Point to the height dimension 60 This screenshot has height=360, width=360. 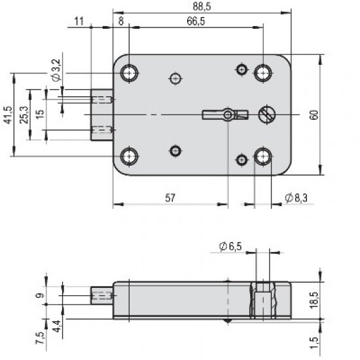coord(314,115)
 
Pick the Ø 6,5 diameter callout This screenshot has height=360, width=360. coord(230,245)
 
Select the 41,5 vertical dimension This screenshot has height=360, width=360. coord(8,116)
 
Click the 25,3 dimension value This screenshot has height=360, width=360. coord(24,115)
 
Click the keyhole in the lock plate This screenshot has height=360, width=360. coord(226,115)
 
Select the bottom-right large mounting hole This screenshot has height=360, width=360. coord(263,156)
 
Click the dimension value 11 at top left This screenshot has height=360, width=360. coord(79,22)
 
